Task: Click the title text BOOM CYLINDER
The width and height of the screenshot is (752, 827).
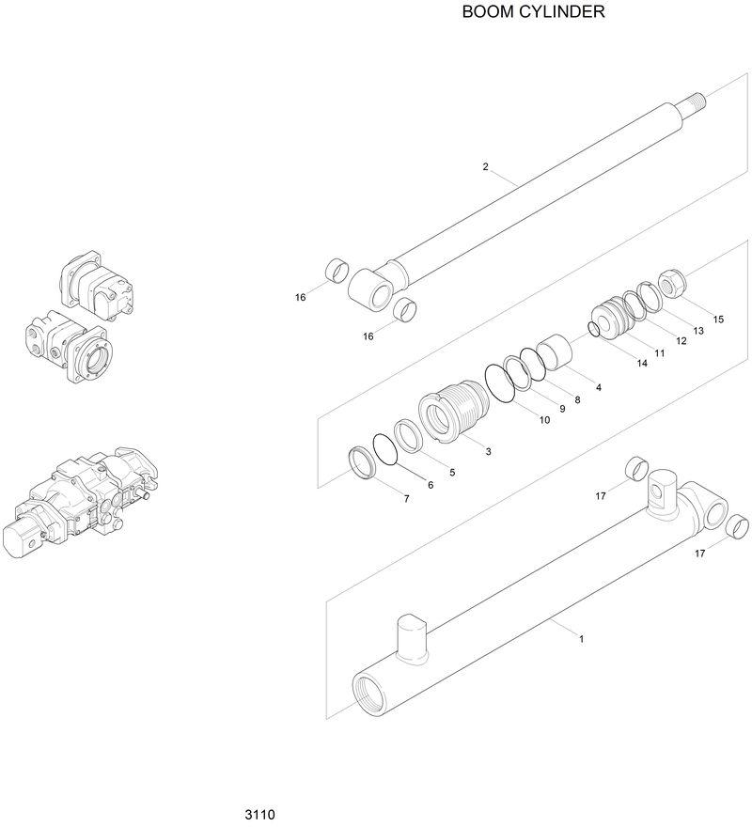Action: click(532, 13)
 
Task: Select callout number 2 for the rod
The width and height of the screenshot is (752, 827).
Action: click(485, 167)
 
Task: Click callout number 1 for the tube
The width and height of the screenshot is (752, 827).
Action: click(582, 639)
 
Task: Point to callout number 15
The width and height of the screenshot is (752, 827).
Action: click(718, 320)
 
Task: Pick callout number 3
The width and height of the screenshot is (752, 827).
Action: click(488, 452)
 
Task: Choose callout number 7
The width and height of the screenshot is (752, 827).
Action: click(406, 499)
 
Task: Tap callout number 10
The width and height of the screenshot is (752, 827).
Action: click(544, 420)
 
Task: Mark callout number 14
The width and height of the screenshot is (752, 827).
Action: click(642, 363)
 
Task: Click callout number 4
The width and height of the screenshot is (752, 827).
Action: click(598, 387)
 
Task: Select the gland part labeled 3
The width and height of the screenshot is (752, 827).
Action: click(454, 414)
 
